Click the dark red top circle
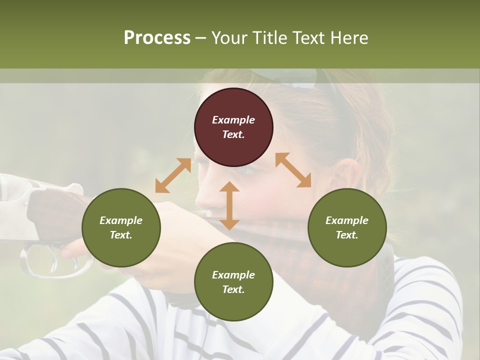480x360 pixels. coord(233,127)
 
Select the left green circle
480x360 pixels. coord(121,227)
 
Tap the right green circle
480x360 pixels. coord(347,227)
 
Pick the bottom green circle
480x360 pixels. coord(233,282)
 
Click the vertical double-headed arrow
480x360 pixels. coord(229,205)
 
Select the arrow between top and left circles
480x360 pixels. coord(173,175)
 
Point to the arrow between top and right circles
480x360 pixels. coord(293,170)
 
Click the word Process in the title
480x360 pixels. coord(157,37)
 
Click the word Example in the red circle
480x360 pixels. coord(233,120)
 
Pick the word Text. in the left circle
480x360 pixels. coord(121,235)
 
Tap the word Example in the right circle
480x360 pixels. coord(347,220)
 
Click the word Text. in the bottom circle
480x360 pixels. coord(233,289)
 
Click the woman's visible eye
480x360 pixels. coord(245,169)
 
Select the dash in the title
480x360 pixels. coord(201,38)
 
